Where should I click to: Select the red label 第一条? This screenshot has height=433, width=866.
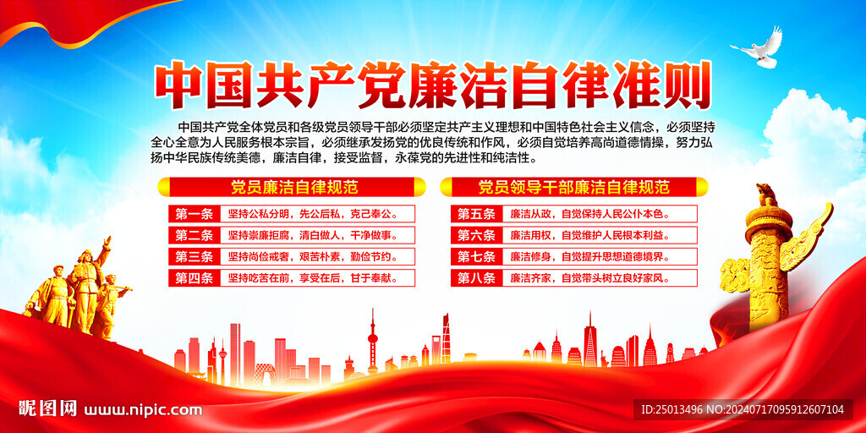tap(195, 214)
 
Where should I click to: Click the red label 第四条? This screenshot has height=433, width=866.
tap(195, 277)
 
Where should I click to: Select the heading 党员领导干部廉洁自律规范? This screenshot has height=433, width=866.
tap(574, 187)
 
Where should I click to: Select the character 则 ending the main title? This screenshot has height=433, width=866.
tap(686, 87)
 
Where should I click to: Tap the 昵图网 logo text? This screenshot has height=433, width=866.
tap(47, 408)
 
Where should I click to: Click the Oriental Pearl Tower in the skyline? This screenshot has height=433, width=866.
tap(373, 342)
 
